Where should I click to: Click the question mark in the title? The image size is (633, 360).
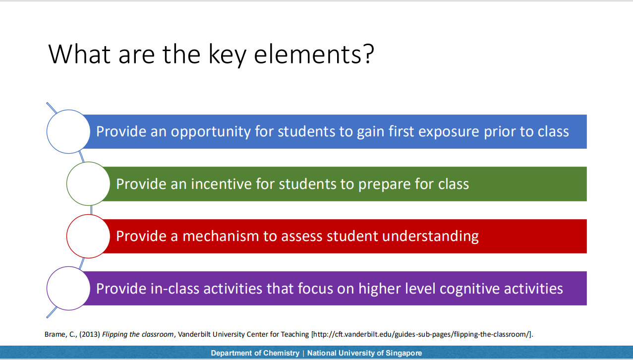368,54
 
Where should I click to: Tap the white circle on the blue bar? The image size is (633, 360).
68,131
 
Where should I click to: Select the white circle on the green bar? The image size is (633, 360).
88,184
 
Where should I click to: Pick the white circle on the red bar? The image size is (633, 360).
88,236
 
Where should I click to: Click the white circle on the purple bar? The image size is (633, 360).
68,289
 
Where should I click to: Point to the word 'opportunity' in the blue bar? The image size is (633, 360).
211,132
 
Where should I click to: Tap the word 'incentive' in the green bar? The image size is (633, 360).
221,184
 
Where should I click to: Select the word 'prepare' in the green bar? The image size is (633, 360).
384,185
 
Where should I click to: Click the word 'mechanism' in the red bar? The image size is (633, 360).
221,236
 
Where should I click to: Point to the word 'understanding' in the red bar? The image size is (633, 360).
430,237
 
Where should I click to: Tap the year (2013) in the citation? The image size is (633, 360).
90,334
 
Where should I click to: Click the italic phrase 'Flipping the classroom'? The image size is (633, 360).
138,334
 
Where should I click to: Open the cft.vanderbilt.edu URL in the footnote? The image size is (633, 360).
421,334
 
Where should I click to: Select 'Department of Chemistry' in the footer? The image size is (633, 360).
255,353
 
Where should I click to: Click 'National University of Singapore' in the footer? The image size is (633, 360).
364,353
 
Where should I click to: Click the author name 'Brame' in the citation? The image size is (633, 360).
56,334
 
